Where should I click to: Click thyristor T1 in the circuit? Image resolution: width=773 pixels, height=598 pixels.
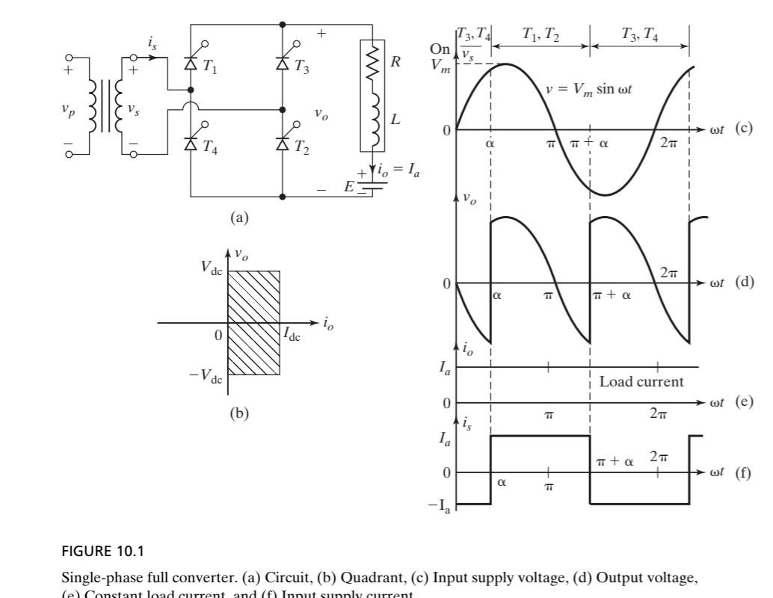[191, 64]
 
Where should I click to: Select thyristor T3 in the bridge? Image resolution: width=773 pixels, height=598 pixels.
[283, 64]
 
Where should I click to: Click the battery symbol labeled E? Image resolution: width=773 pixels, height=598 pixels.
[372, 185]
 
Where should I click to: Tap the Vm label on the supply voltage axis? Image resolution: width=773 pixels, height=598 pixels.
[440, 65]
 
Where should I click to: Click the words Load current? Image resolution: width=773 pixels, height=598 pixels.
[641, 381]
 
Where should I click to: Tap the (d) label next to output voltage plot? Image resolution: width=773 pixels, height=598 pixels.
[742, 283]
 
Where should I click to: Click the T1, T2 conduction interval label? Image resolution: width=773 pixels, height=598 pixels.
[540, 34]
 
